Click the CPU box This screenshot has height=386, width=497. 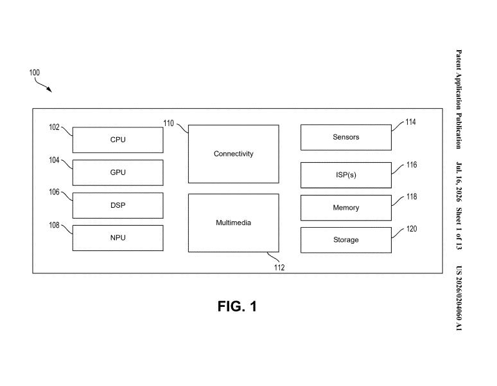pos(118,140)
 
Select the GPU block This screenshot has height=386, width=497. pos(118,172)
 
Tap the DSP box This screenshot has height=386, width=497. pos(118,205)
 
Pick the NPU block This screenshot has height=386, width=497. pos(118,238)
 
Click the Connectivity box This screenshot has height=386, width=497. pos(234,154)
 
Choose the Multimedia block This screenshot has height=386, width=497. pos(234,223)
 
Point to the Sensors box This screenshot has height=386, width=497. pos(346,137)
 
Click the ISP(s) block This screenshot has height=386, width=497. pos(346,175)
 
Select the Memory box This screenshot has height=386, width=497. pos(346,208)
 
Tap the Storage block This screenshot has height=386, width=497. pos(346,240)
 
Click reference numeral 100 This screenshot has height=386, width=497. pos(35,73)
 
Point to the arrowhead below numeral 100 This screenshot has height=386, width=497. pos(49,89)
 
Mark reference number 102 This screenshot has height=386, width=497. pos(54,127)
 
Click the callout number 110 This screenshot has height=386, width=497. pos(169,123)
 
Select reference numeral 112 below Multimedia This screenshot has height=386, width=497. pos(279,268)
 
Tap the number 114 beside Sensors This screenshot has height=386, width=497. pos(410,122)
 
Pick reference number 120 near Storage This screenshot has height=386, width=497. pos(412,229)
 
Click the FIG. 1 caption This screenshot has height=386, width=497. pos(237,307)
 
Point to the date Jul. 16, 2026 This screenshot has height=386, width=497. pos(458,182)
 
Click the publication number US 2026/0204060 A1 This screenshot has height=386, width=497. pos(458,298)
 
